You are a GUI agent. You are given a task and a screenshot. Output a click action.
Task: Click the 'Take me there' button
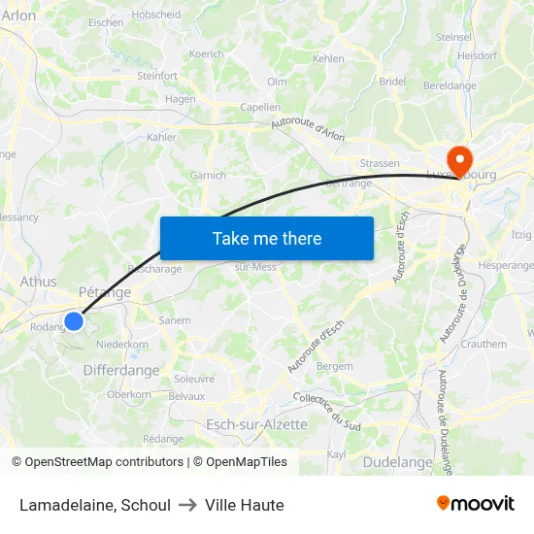point(267,238)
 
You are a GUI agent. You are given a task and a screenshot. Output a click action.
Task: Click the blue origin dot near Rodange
point(74,320)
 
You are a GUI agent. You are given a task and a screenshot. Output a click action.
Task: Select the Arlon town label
point(18,16)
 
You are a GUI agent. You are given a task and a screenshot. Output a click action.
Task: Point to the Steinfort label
point(157,75)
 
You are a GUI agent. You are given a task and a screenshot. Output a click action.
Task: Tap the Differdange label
point(121,370)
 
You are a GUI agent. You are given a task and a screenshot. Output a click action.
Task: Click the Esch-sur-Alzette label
point(256,424)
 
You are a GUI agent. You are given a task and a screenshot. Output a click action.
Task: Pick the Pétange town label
point(104,291)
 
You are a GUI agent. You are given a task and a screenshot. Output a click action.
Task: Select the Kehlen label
point(328,58)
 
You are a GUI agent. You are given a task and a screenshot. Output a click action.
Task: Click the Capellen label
point(259,108)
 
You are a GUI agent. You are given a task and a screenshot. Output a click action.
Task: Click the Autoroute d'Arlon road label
point(308,129)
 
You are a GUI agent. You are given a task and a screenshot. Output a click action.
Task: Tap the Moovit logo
point(476,503)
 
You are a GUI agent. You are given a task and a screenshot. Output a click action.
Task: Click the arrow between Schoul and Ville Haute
point(187,505)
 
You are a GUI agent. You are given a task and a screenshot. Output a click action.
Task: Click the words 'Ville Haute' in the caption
point(244,505)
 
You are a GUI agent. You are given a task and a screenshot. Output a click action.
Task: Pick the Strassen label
point(379,163)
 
